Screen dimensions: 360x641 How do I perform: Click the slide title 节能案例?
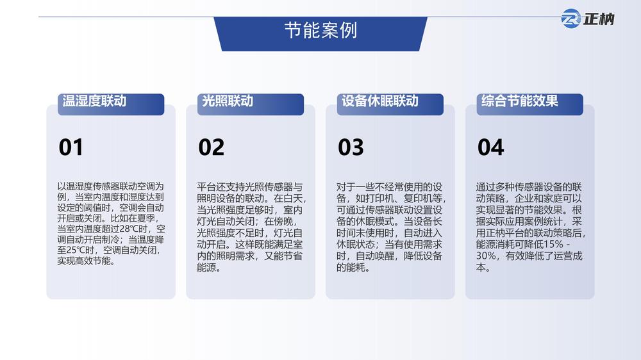coord(320,31)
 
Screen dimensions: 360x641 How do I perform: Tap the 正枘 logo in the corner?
coord(587,19)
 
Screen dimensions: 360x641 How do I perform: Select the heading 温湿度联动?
coord(94,101)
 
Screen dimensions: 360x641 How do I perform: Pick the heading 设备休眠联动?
coord(379,101)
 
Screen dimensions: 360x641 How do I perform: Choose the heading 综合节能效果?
coord(520,101)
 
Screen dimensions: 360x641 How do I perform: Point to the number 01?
coord(71,147)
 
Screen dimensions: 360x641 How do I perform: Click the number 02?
coord(211,147)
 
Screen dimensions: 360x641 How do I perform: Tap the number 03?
coord(351,147)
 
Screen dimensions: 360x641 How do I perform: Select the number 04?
coord(490,147)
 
